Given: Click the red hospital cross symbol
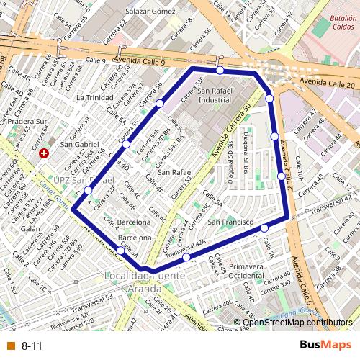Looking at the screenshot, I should (45, 153).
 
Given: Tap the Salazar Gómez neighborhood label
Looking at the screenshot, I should (150, 12).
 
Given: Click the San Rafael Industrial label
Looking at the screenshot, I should (215, 96).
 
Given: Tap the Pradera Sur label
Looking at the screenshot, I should (27, 122).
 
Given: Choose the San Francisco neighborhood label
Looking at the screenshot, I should (230, 222).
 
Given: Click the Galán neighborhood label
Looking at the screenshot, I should (30, 228).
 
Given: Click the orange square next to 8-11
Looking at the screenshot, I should (10, 346).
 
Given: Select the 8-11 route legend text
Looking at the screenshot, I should (32, 346).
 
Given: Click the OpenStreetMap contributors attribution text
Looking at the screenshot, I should (297, 323).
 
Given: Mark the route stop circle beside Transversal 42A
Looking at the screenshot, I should (186, 257).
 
